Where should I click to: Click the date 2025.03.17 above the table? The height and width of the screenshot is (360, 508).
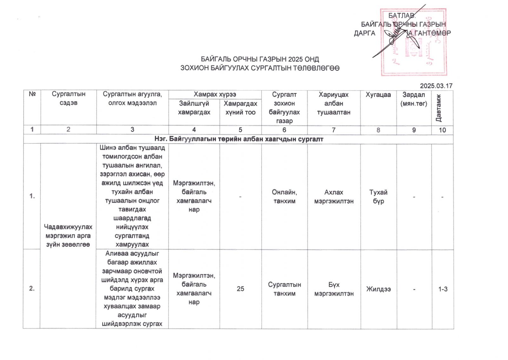coord(436,86)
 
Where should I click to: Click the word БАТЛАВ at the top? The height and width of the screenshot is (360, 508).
coord(402,16)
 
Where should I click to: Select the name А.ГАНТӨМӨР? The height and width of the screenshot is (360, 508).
coord(430,33)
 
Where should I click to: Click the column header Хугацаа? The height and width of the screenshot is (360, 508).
coord(378,95)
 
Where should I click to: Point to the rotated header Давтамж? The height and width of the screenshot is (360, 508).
coord(438,108)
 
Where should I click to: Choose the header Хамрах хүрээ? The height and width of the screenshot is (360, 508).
coord(215,94)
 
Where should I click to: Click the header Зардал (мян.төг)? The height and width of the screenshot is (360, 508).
coord(414,99)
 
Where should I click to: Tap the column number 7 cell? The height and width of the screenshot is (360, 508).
coord(333,130)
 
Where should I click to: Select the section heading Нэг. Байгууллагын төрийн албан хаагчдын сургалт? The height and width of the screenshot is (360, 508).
coord(239,139)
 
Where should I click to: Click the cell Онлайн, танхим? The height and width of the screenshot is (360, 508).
coord(284,197)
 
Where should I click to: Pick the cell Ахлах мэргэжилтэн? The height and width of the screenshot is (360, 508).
coord(334,197)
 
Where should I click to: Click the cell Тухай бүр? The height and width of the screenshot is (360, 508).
coord(378,197)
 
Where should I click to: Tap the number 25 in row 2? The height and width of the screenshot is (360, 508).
coord(240,289)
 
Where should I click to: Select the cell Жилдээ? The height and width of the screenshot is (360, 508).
coord(378,289)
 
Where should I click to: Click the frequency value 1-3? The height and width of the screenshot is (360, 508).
coord(443,289)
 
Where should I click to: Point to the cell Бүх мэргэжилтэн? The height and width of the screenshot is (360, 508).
coord(334,289)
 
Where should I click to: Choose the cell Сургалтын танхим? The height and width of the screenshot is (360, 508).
coord(284,289)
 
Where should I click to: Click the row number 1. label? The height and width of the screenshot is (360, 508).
coord(32,196)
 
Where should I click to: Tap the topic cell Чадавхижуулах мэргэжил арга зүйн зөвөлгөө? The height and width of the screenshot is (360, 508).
coord(68,236)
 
